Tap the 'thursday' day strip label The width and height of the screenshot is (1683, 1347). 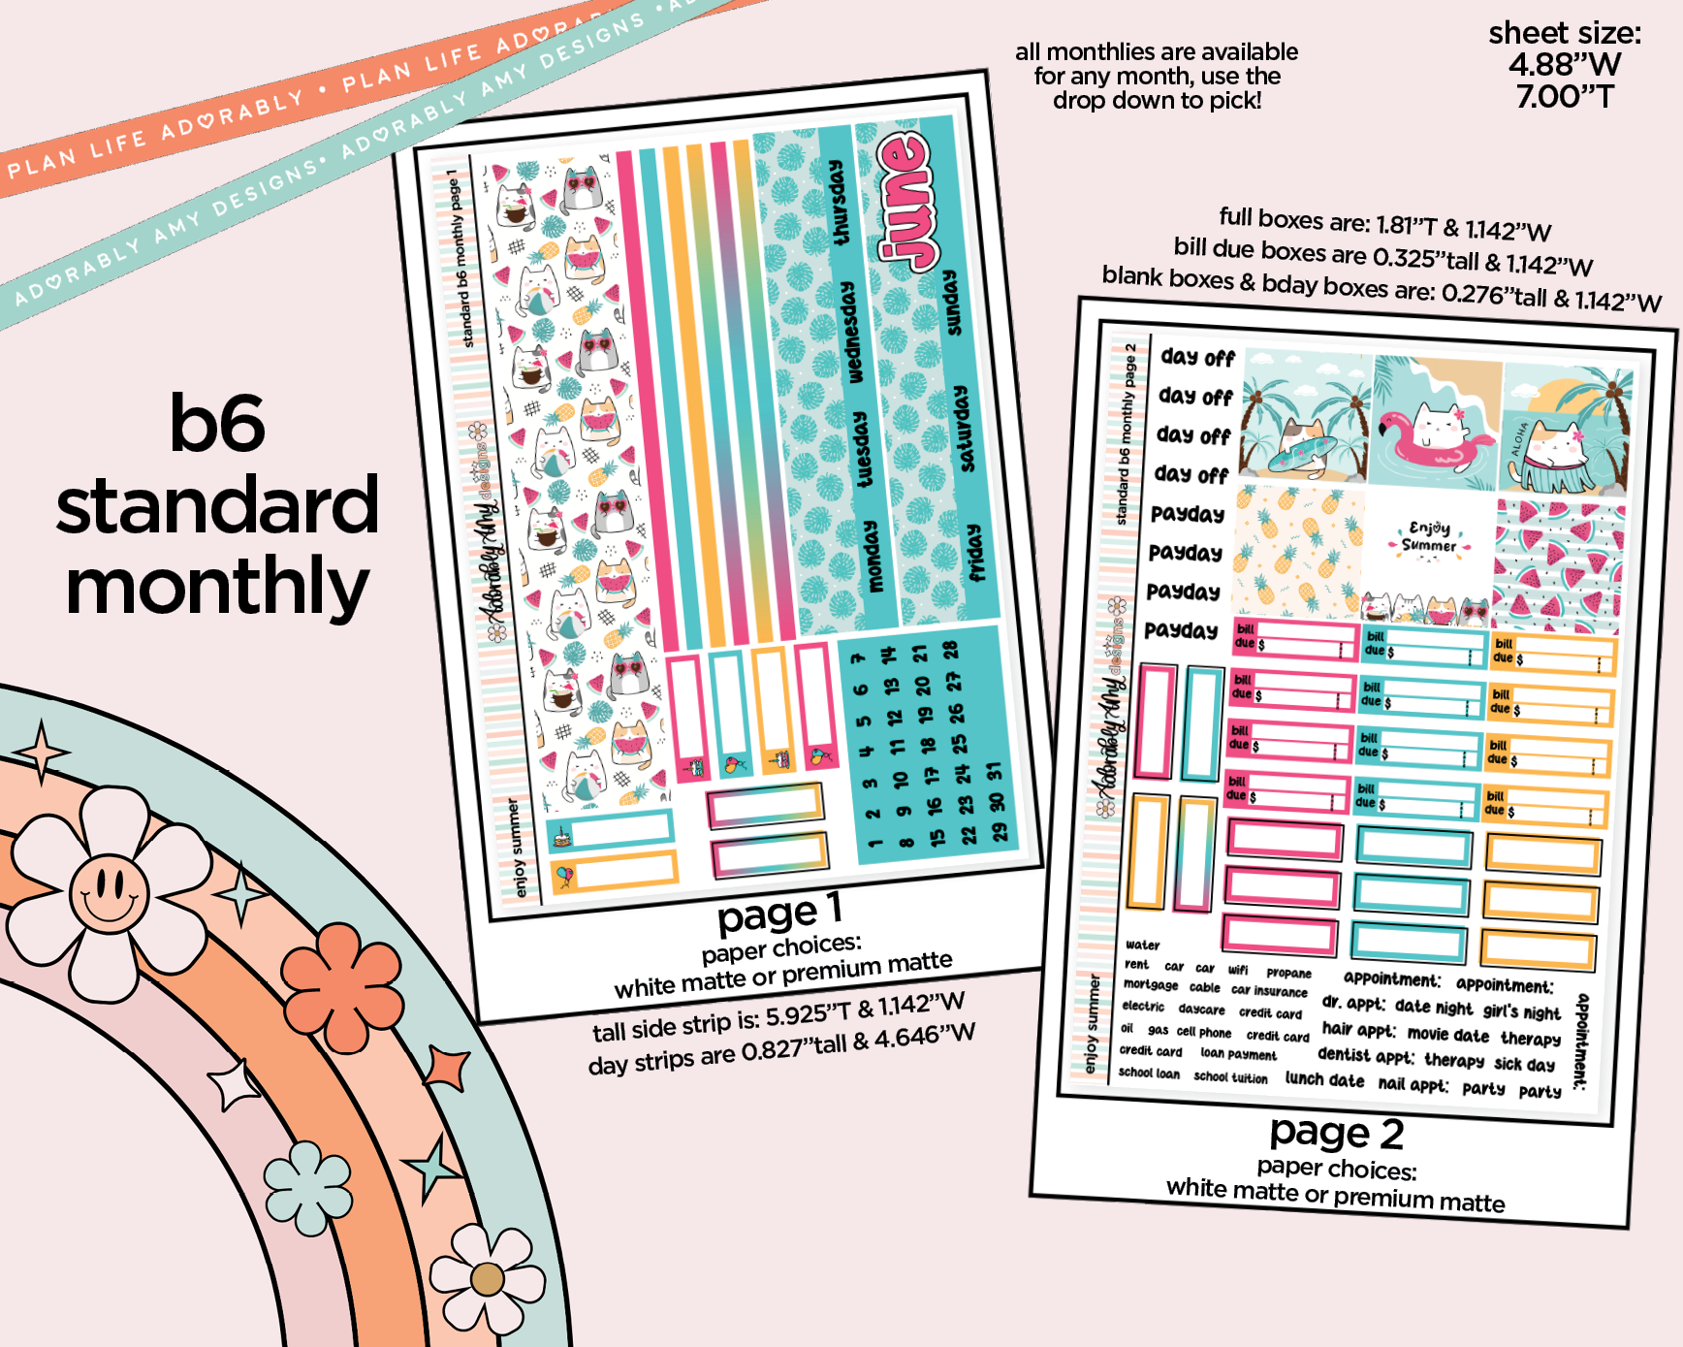pos(840,203)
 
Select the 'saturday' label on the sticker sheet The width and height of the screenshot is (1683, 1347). pos(961,429)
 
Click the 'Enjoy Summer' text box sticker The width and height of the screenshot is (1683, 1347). pos(1429,537)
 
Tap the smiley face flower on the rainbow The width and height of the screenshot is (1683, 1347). pos(109,888)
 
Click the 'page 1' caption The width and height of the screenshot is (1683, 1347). pos(779,913)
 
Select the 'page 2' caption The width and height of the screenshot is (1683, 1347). pos(1336,1133)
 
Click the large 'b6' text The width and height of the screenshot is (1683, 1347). pos(216,423)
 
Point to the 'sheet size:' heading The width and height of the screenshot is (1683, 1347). pos(1565,34)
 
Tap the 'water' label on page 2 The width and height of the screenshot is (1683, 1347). pos(1142,945)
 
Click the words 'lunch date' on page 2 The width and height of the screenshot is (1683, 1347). pos(1324,1078)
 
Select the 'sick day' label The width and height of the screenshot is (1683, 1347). pos(1524,1064)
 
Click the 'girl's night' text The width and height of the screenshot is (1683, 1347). pos(1521,1011)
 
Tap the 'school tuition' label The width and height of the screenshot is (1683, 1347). pos(1230,1076)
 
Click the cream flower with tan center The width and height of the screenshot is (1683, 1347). pos(487,1278)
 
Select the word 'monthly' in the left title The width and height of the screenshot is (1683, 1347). pos(216,587)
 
